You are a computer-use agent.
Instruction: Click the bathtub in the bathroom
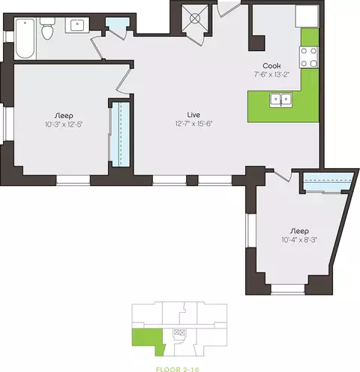25,38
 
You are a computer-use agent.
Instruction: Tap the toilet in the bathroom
47,29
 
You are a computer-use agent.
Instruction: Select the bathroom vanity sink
77,25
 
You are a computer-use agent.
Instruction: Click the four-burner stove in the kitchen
309,57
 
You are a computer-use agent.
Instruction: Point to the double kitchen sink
281,100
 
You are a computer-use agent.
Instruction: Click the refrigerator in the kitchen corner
307,16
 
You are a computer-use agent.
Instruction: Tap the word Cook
271,66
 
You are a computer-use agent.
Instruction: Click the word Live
193,115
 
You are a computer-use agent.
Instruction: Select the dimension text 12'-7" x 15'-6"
193,124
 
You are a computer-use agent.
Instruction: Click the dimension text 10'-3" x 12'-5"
64,124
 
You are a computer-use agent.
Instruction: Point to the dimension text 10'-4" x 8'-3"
299,240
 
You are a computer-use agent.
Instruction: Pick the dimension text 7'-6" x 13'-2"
271,74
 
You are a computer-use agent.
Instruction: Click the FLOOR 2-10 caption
178,369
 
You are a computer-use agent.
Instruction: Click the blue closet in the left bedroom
120,134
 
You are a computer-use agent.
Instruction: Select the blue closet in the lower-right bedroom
328,181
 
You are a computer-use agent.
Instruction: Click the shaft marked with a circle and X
195,18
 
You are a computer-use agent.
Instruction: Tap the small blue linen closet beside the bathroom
117,24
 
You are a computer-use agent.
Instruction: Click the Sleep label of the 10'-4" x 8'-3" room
299,231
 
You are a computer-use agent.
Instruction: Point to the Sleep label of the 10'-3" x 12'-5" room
64,115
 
